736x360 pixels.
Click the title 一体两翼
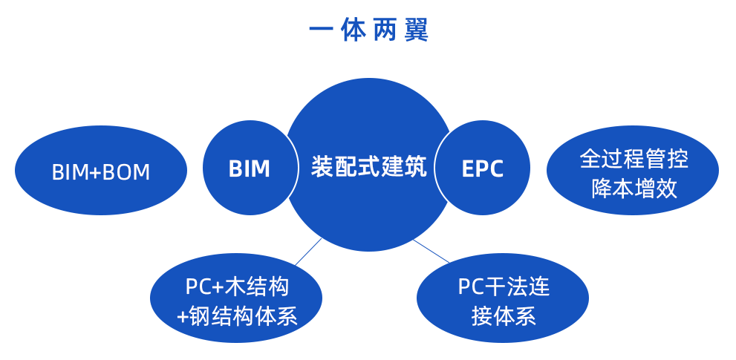[369, 30]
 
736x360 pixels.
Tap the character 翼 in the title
[417, 30]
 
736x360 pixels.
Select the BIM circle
[250, 168]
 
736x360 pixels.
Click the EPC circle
[482, 168]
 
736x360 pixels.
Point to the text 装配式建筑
[368, 166]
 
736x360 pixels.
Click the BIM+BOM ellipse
[101, 171]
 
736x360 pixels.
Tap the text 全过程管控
[633, 157]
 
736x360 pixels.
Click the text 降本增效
[633, 188]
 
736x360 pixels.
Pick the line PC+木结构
[236, 286]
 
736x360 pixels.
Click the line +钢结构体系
[236, 317]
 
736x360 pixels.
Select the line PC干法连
[503, 286]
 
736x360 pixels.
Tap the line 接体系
[503, 317]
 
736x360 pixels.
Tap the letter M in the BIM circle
[260, 168]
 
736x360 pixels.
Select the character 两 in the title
[384, 30]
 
